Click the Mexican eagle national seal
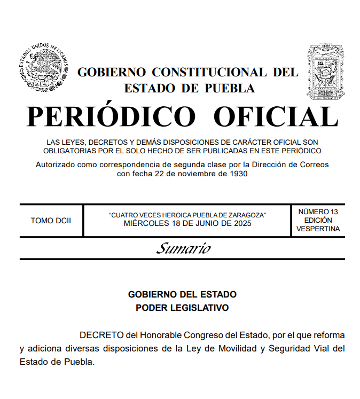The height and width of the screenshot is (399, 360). (44, 67)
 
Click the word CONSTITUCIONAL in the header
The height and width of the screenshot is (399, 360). (209, 72)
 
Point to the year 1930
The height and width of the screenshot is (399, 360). (237, 174)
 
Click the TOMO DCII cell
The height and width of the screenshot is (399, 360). (51, 221)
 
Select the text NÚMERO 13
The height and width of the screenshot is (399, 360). (318, 212)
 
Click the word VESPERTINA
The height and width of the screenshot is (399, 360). (318, 229)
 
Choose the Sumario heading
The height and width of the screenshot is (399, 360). (183, 248)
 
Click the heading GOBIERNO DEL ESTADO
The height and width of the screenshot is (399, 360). (182, 294)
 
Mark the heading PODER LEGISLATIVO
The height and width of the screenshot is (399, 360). (182, 308)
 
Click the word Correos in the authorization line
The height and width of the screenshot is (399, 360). (314, 165)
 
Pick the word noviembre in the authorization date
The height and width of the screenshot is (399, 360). (190, 174)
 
